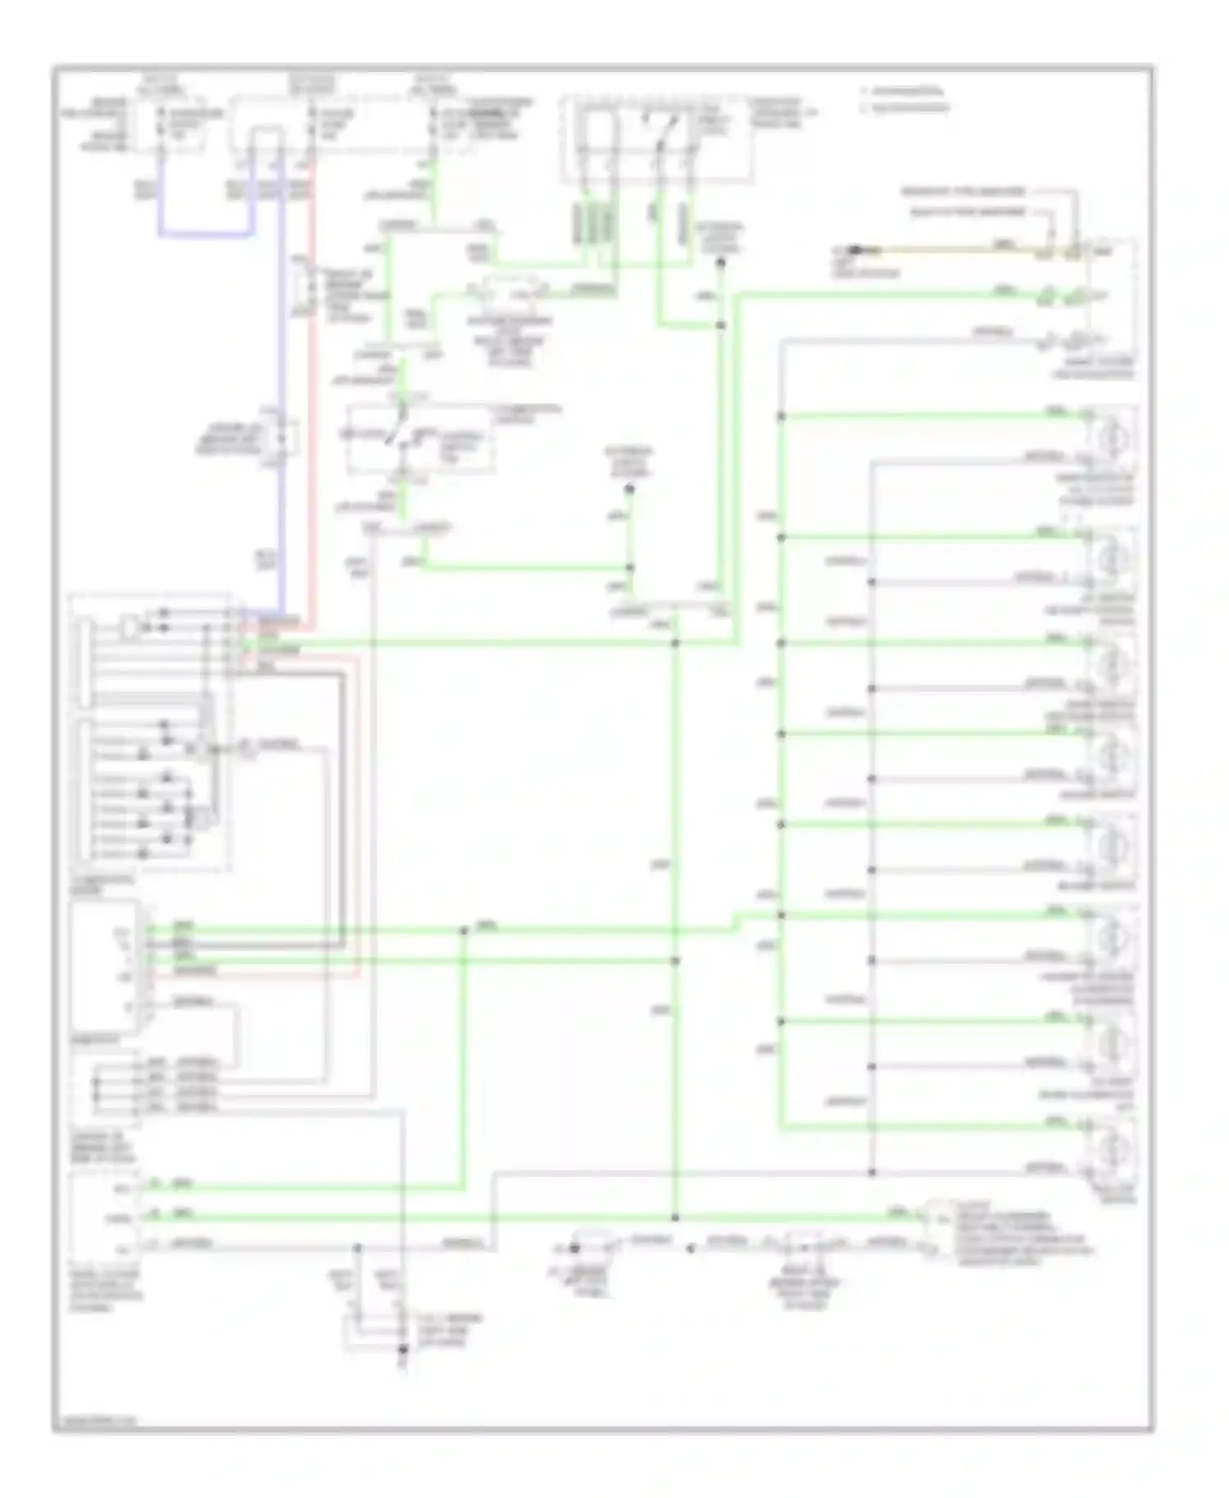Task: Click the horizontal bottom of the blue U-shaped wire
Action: pos(205,235)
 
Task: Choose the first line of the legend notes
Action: pos(901,92)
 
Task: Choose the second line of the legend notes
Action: pos(905,107)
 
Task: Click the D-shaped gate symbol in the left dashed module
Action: pos(130,628)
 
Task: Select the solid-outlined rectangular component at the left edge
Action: pos(105,967)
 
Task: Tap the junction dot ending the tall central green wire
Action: pos(675,1218)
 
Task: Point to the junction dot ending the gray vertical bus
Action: pos(871,1172)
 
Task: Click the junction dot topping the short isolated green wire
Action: pos(629,489)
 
